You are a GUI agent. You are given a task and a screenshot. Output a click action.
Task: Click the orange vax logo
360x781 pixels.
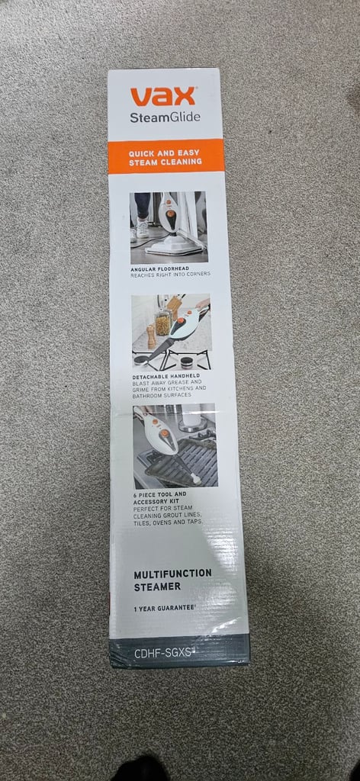[162, 96]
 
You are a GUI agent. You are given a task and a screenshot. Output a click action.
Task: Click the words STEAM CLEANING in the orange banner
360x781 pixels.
[166, 162]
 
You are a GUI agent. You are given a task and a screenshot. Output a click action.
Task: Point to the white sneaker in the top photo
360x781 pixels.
[143, 229]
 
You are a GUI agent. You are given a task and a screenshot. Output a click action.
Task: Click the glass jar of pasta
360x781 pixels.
[162, 322]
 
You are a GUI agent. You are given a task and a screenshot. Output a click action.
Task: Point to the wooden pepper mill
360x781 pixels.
[151, 337]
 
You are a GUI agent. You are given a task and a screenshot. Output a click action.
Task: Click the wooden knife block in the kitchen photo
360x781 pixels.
[173, 308]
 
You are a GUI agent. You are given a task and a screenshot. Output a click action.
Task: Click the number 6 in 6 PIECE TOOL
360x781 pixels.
[136, 494]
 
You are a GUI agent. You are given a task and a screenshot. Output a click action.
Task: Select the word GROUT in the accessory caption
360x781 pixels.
[173, 515]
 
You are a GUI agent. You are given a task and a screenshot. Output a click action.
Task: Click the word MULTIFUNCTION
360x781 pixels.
[173, 574]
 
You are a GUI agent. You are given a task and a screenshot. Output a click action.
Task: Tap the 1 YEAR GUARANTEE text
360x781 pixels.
[163, 609]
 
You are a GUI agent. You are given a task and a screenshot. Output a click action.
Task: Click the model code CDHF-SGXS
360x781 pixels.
[163, 654]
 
